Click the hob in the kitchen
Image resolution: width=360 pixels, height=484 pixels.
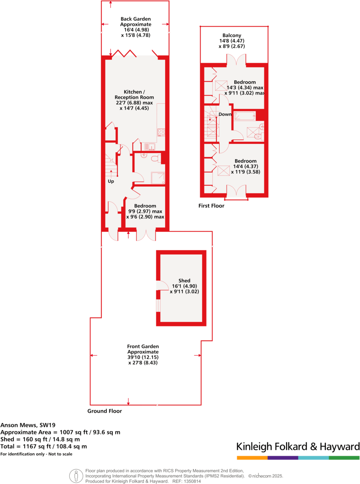pos(161,133)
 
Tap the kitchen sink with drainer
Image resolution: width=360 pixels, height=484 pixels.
pos(148,146)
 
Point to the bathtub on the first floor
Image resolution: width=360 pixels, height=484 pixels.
pos(244,116)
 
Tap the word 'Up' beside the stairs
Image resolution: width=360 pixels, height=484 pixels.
pos(111,181)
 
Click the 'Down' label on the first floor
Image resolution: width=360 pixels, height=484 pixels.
pos(225,114)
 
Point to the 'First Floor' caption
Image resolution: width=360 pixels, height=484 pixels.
pos(211,206)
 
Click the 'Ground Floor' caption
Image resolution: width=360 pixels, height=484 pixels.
pos(104,411)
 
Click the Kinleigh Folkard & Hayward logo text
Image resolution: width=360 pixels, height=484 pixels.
pos(298,447)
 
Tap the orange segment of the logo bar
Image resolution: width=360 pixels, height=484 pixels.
pos(252,458)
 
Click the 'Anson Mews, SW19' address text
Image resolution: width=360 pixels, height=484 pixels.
pos(25,425)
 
